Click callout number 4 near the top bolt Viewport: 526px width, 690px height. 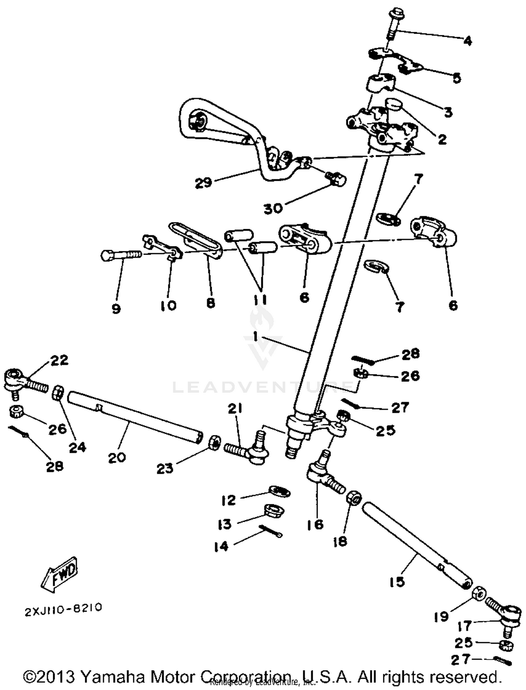467,41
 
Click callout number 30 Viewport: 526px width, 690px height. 273,209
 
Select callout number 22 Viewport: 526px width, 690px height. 59,360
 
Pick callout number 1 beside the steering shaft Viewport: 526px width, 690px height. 255,337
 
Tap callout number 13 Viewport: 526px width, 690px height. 224,524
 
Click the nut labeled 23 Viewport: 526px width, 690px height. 215,443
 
